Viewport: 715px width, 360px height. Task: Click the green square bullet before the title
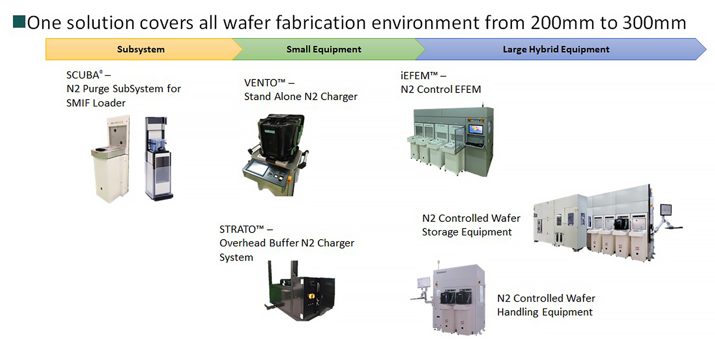[19, 22]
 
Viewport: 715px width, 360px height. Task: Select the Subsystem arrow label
[141, 49]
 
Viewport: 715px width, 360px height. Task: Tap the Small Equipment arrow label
[324, 49]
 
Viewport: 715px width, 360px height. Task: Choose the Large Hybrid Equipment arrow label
[556, 49]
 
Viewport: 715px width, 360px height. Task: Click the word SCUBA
[83, 75]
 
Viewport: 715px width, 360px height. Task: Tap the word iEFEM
[415, 76]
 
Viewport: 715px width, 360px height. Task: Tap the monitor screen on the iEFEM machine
[476, 129]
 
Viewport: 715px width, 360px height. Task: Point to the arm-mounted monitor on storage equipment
[666, 210]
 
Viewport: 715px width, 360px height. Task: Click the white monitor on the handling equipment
[424, 283]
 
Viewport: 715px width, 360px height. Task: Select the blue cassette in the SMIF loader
[158, 145]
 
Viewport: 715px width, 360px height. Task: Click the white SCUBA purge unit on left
[110, 159]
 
